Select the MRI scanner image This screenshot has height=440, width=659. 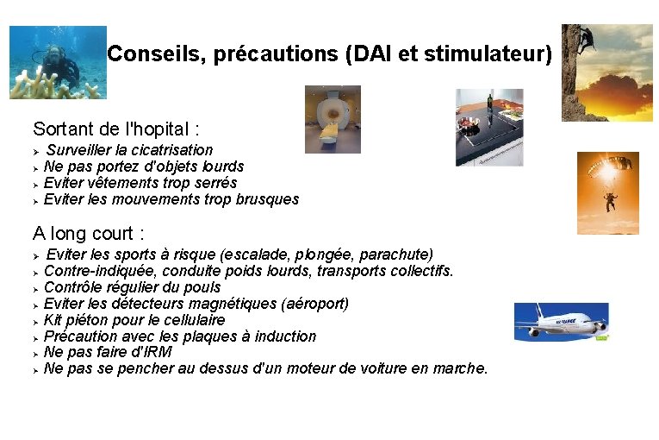(x=333, y=119)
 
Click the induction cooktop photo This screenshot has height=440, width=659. (x=489, y=127)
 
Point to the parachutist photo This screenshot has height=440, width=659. (x=607, y=192)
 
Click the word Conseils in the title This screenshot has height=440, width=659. (x=143, y=54)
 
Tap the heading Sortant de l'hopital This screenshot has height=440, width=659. (x=116, y=129)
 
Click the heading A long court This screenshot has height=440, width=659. (x=89, y=233)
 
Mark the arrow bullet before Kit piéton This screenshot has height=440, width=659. (x=36, y=321)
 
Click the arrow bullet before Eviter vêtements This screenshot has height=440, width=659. (x=36, y=184)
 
